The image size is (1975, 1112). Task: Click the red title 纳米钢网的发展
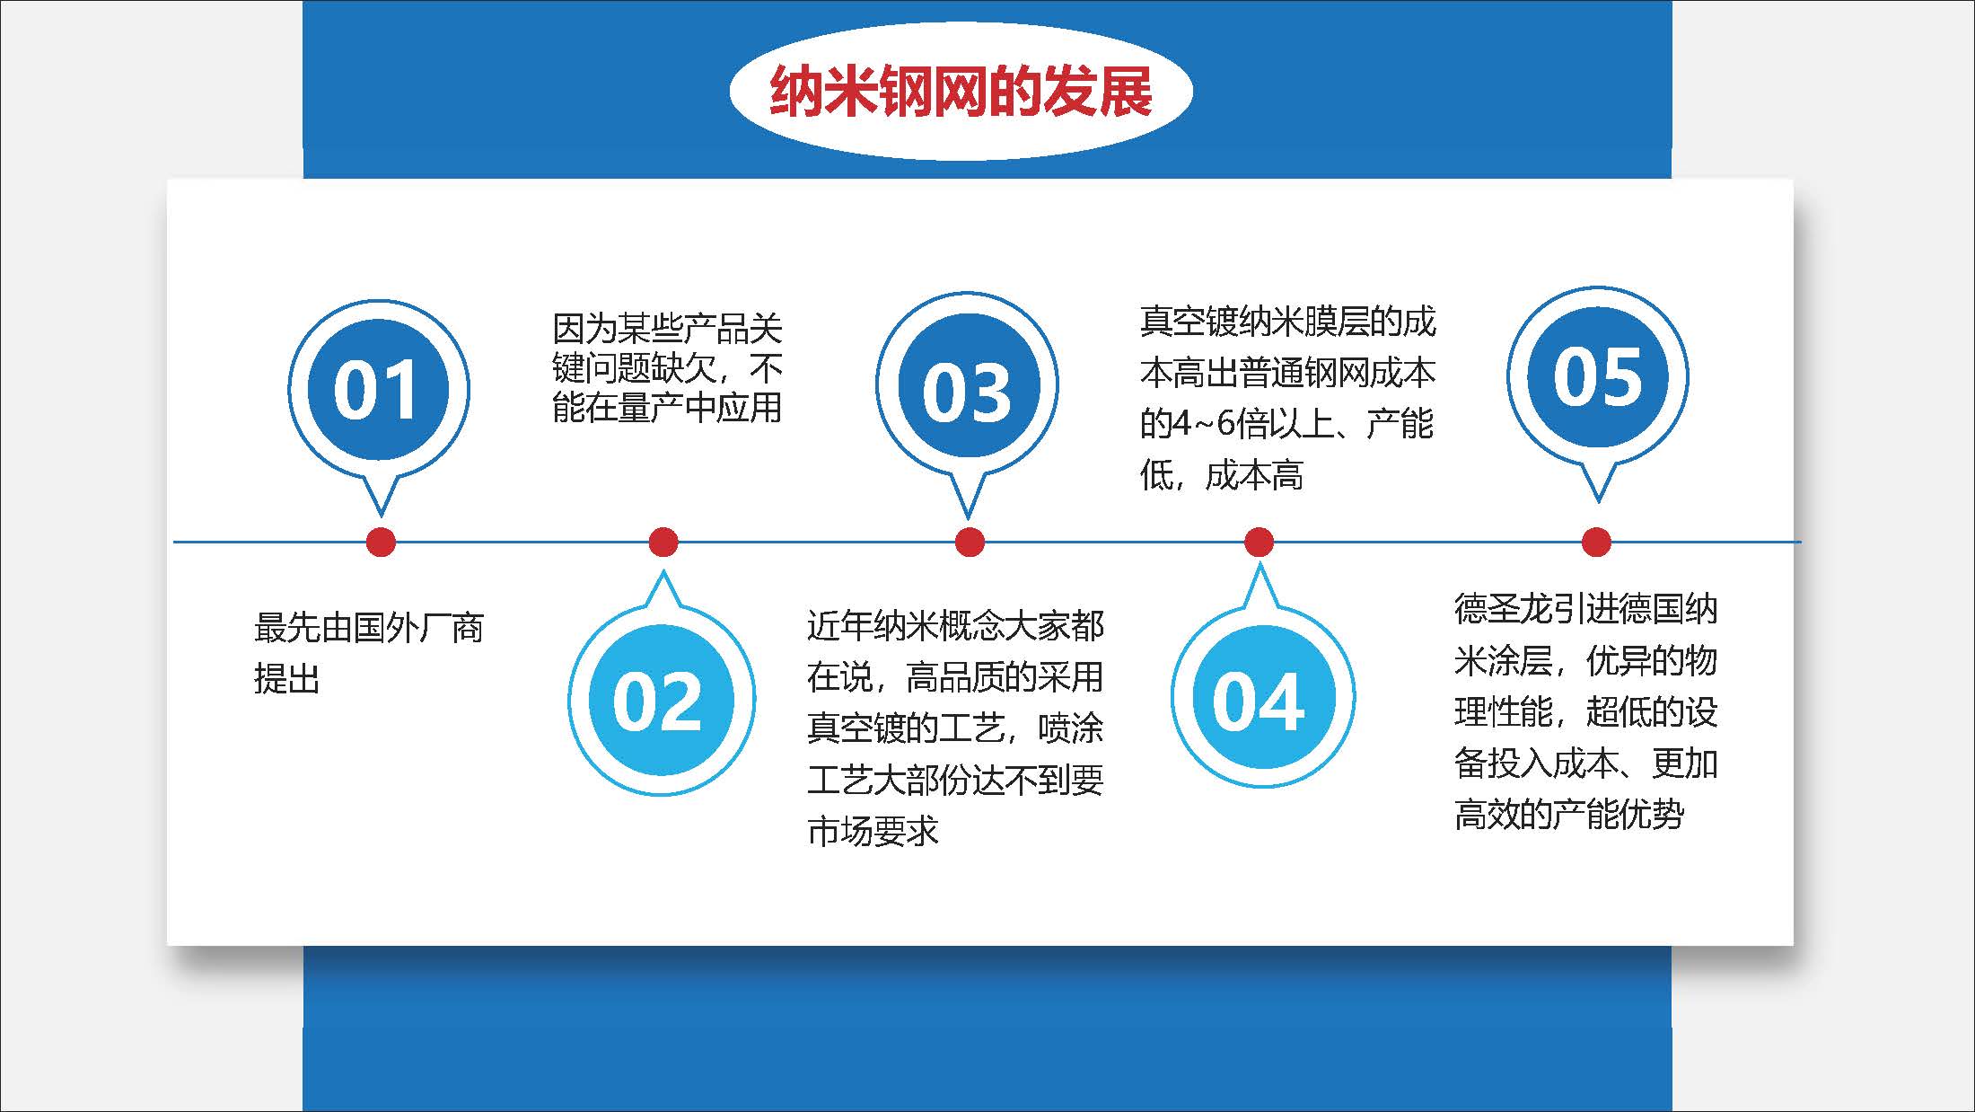[960, 92]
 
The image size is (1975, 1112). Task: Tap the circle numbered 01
[377, 388]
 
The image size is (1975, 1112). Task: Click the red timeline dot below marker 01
[381, 542]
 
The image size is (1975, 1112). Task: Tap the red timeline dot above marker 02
[663, 542]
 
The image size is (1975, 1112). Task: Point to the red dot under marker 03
[970, 542]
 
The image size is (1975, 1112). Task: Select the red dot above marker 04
[1259, 542]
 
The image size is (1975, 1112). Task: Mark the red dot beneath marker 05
[1595, 542]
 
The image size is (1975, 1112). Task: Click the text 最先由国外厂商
[368, 628]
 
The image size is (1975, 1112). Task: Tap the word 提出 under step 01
[286, 679]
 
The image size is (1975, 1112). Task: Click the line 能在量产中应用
[666, 408]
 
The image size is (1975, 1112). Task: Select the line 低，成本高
[1221, 475]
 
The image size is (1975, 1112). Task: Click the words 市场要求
[872, 832]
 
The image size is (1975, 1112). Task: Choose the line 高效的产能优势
[1568, 815]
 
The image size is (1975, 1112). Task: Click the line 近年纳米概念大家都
[954, 626]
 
